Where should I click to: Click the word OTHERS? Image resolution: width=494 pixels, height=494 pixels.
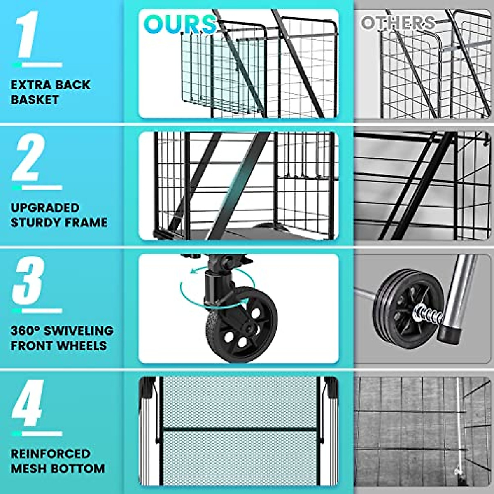[398, 23]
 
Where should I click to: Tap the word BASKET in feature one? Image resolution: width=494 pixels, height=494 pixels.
[35, 100]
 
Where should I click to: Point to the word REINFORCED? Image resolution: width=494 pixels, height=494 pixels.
[51, 454]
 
